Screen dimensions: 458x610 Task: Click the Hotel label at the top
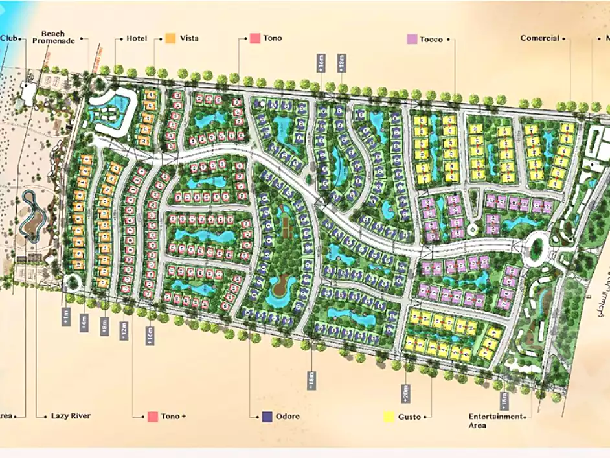(x=137, y=38)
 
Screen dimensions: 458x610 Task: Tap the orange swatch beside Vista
(x=170, y=38)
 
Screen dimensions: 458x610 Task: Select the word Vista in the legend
(x=190, y=38)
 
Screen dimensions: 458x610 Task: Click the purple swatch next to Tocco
(x=411, y=40)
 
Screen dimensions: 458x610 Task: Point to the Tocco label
(x=431, y=40)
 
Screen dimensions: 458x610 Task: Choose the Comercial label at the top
(x=539, y=38)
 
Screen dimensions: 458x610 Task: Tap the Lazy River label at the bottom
(x=71, y=416)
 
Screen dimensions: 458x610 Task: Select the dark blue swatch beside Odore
(x=267, y=417)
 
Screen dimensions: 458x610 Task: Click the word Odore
(x=288, y=417)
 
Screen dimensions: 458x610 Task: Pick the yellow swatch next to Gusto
(x=389, y=417)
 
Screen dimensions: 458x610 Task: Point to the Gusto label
(x=410, y=417)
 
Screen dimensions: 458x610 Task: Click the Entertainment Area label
(x=495, y=420)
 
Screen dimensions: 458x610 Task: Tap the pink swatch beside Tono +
(x=153, y=417)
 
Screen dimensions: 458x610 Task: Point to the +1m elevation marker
(x=66, y=317)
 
